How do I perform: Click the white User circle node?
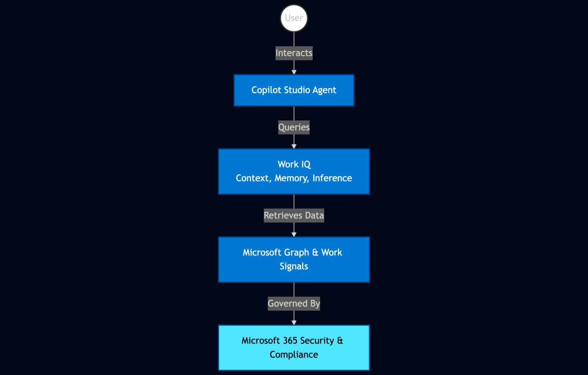(294, 18)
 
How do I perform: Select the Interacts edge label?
(294, 53)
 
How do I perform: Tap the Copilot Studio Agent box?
(294, 90)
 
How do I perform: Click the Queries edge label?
(294, 127)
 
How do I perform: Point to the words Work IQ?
(294, 164)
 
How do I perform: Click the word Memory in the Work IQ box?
(291, 178)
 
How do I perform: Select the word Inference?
(332, 178)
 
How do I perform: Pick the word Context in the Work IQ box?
(253, 178)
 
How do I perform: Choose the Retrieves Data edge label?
(294, 215)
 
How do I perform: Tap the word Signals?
(294, 266)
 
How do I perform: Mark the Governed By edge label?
(294, 304)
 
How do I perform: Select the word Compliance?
(294, 355)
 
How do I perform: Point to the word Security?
(317, 341)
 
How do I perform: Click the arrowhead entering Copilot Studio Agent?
(294, 72)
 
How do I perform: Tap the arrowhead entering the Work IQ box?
(294, 146)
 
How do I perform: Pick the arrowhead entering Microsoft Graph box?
(294, 235)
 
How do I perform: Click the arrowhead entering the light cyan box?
(294, 323)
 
